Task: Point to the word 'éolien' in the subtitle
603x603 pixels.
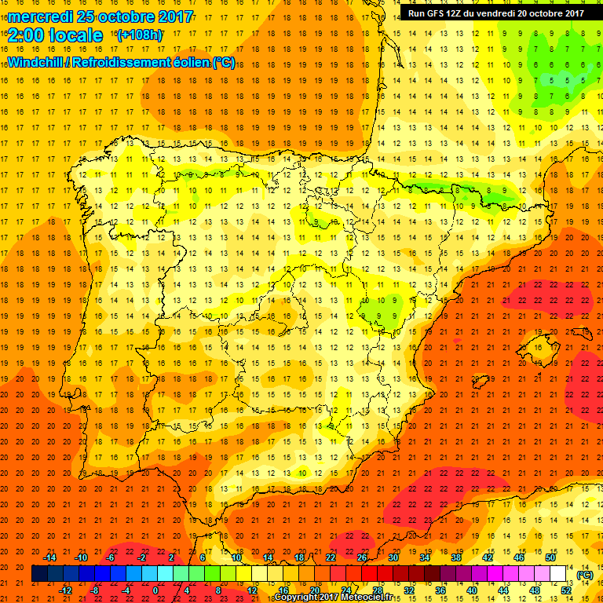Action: coord(185,62)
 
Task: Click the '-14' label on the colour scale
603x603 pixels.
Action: coord(51,557)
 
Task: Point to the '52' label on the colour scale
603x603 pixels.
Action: coord(567,590)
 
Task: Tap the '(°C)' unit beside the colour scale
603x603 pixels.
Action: coord(584,574)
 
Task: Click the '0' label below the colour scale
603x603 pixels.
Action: coord(155,590)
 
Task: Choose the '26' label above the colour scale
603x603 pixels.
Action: coord(362,557)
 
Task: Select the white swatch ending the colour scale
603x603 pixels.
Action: coord(558,574)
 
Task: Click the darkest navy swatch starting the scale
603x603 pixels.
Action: coord(39,574)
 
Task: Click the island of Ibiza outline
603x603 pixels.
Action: coord(481,382)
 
